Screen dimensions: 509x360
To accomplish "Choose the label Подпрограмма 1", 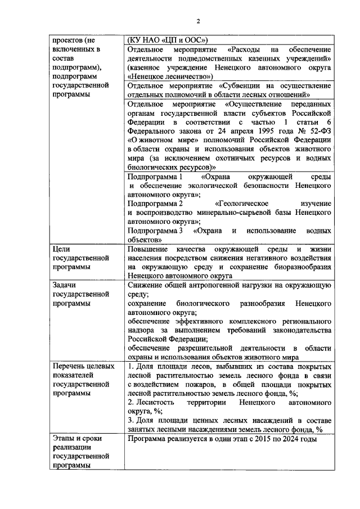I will [155, 177].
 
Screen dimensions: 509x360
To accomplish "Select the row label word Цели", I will [61, 249].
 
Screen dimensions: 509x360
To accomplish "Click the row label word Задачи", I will [65, 285].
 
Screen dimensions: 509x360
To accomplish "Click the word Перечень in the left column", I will [70, 367].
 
